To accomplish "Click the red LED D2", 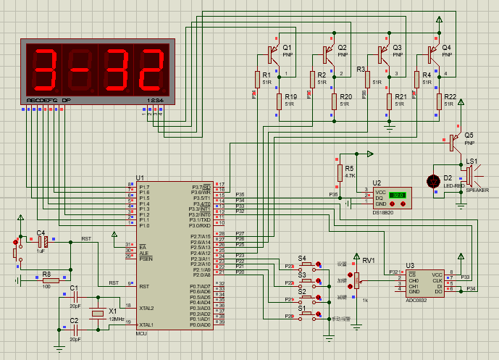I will tap(435, 181).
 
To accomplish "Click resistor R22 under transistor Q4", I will tap(439, 101).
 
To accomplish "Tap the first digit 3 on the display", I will tap(44, 69).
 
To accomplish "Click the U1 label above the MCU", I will tap(140, 178).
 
